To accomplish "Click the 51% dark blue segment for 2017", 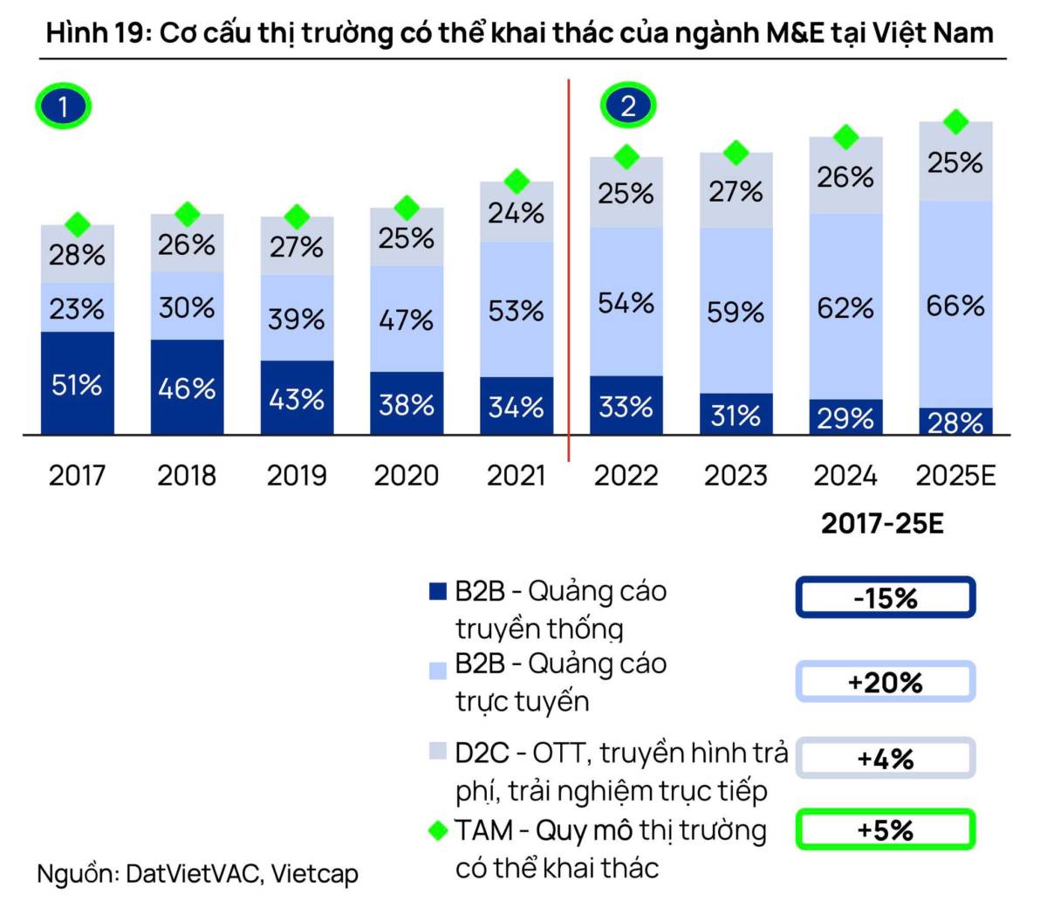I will pos(77,383).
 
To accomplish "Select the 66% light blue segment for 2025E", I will pos(955,305).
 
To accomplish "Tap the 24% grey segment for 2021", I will pos(517,212).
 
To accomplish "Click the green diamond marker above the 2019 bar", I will pos(297,217).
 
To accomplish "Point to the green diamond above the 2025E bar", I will pos(956,122).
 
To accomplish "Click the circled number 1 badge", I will pos(63,107).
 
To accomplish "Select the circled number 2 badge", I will pos(627,106).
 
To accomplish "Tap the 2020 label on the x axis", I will pos(406,476).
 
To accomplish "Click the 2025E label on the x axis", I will pos(955,476).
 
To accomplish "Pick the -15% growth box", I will pos(885,598).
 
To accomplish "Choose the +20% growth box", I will pos(885,682).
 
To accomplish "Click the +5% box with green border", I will pos(885,829).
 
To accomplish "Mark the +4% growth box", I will pos(885,758).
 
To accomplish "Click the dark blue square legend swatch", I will pos(437,592).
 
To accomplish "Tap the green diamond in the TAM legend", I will pos(438,830).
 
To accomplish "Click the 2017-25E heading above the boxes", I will pos(882,523).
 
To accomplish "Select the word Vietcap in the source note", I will pos(314,873).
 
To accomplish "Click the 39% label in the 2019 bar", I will pos(297,319).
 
